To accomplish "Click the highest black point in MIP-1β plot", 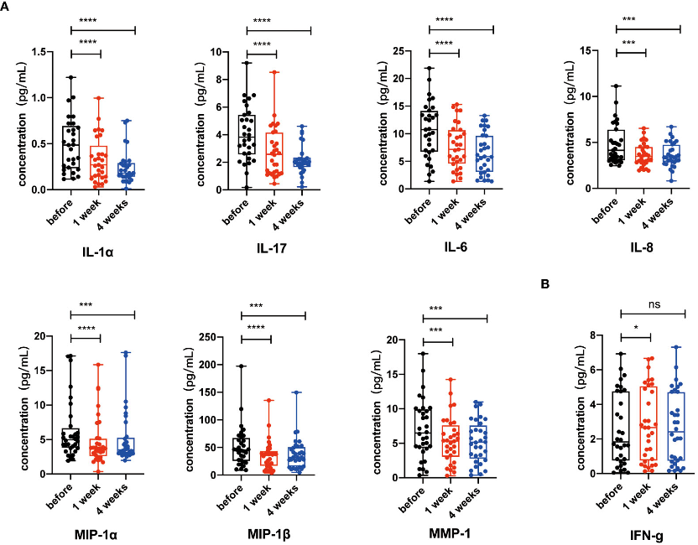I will pyautogui.click(x=242, y=366).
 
